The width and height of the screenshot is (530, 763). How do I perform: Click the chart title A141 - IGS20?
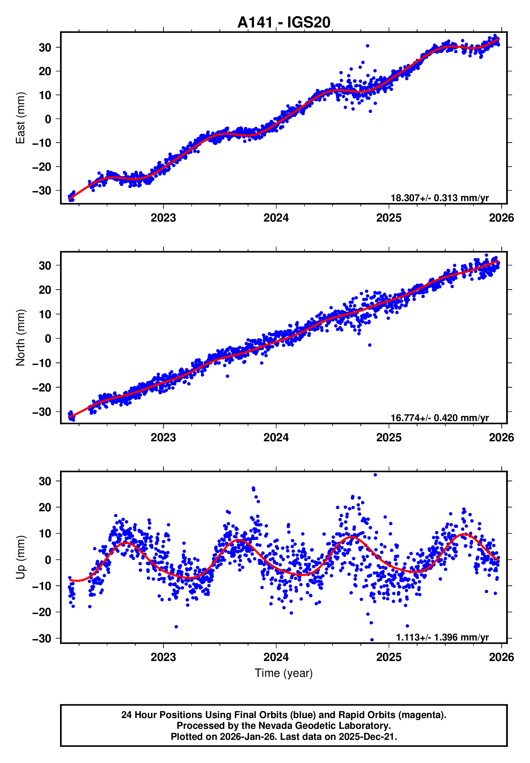[284, 23]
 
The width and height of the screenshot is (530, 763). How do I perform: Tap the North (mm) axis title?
[20, 338]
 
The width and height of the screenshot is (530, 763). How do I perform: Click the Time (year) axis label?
[284, 673]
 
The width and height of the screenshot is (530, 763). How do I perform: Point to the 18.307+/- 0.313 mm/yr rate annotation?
[439, 198]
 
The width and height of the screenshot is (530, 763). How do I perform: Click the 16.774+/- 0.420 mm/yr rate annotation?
[439, 418]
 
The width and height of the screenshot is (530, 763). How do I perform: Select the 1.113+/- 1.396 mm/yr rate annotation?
[442, 637]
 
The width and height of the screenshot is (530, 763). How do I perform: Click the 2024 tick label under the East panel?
[276, 218]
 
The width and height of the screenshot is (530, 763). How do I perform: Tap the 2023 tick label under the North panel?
[163, 437]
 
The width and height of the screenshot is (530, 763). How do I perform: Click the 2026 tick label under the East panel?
[501, 218]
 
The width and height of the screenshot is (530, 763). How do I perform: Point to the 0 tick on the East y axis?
[48, 119]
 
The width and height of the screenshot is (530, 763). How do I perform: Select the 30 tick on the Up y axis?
[45, 481]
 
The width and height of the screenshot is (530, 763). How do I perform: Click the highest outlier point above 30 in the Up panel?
[375, 475]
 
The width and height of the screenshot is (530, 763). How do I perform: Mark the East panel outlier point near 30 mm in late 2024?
[367, 46]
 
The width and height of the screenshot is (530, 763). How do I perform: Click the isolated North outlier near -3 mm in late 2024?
[370, 345]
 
